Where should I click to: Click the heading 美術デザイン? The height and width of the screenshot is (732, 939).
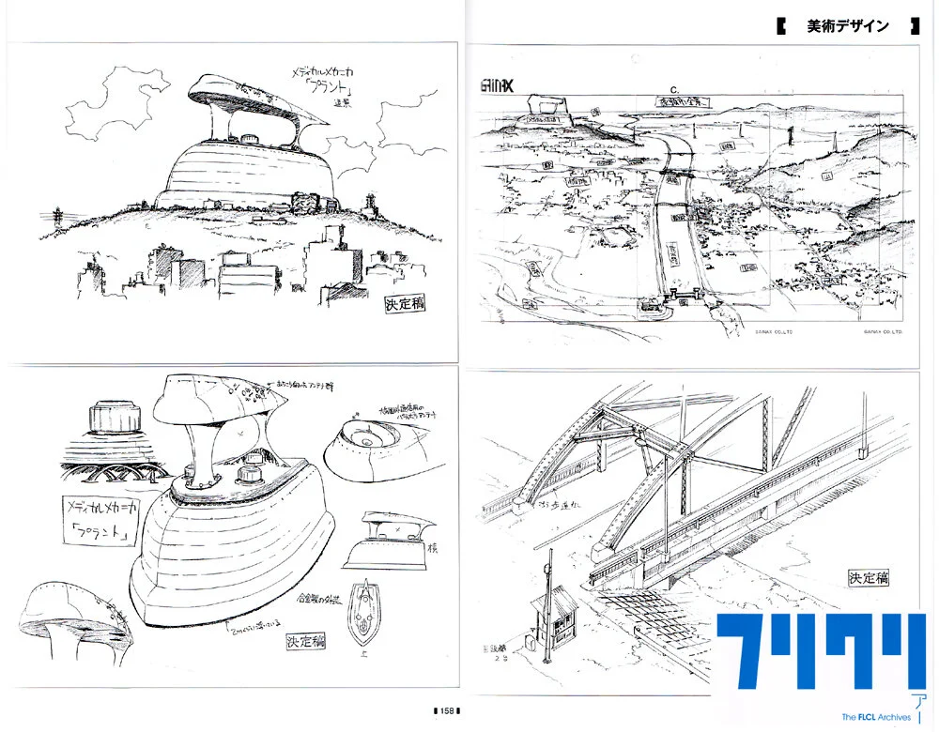click(x=847, y=26)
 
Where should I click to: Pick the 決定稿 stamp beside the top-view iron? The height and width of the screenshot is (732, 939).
click(x=307, y=643)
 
